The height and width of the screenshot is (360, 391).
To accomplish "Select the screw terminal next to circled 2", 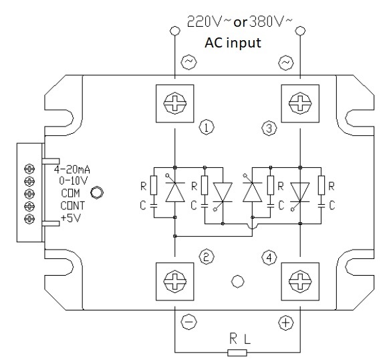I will tap(176, 282).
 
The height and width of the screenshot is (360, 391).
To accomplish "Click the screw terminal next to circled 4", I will tap(301, 282).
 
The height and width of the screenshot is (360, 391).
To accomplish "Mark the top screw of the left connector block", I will tap(29, 169).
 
